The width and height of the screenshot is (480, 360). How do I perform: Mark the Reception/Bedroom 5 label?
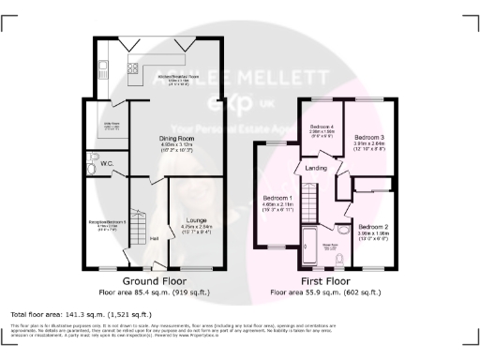pos(105,222)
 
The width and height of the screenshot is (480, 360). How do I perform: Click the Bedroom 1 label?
pos(278,198)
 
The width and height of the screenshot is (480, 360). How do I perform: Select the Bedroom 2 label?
pos(373,227)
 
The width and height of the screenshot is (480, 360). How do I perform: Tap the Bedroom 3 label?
pos(369,138)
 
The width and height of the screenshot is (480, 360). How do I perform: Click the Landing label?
pos(314,169)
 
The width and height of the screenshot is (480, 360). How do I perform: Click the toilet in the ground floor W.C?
pos(94,157)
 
